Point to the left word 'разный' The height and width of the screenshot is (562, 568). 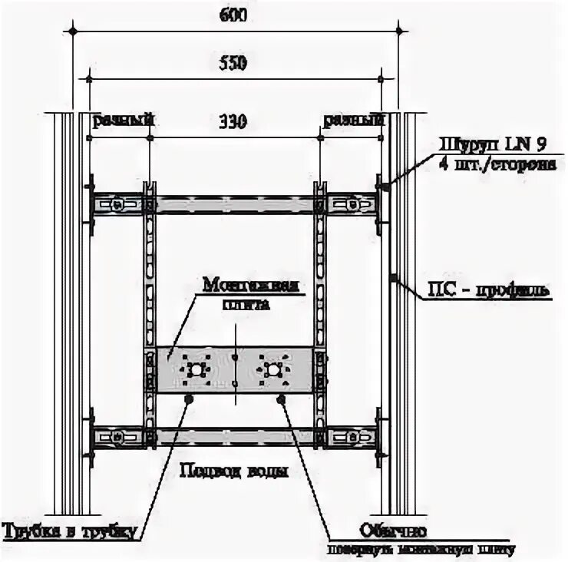pos(124,121)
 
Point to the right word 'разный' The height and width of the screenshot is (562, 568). pos(353,121)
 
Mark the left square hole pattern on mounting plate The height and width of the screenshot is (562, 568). pos(197,369)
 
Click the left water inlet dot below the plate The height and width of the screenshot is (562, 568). pos(189,398)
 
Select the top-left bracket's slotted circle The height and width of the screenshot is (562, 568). pos(117,205)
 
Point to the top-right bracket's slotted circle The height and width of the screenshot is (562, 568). pos(351,205)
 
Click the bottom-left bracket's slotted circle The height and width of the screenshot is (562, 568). pos(117,438)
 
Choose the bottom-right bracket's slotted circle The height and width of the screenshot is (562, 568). pos(351,438)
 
